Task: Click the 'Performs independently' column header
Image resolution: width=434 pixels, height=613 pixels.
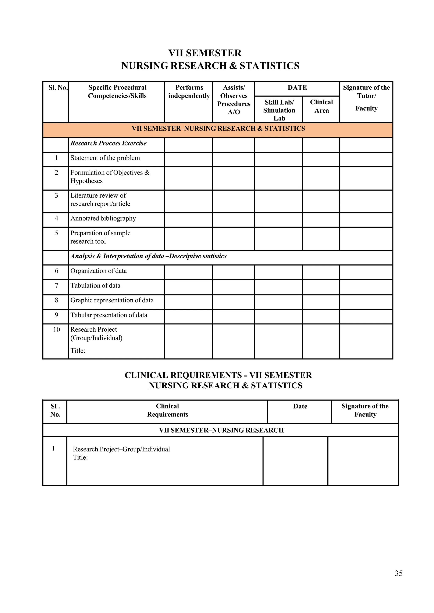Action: [189, 91]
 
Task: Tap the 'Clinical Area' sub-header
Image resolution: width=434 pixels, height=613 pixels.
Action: [321, 106]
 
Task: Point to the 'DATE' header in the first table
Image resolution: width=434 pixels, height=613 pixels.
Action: [297, 88]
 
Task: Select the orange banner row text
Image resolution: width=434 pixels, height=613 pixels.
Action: [218, 129]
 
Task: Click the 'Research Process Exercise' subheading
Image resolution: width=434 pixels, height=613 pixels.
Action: [108, 143]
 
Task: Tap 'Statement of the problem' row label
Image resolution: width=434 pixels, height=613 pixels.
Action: [105, 158]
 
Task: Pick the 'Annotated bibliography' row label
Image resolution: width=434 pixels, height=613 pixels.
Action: [103, 218]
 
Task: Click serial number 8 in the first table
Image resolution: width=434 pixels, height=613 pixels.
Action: [56, 300]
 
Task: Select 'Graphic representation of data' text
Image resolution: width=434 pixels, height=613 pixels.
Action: [112, 300]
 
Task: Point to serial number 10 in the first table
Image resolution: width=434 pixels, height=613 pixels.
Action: [56, 330]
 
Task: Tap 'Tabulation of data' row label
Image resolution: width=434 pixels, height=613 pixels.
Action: [95, 286]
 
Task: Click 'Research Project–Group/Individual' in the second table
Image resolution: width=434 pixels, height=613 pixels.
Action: [121, 449]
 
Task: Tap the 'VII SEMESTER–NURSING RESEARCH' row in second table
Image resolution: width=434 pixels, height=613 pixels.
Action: [221, 430]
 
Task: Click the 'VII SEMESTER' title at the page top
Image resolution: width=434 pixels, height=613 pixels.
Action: [205, 53]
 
